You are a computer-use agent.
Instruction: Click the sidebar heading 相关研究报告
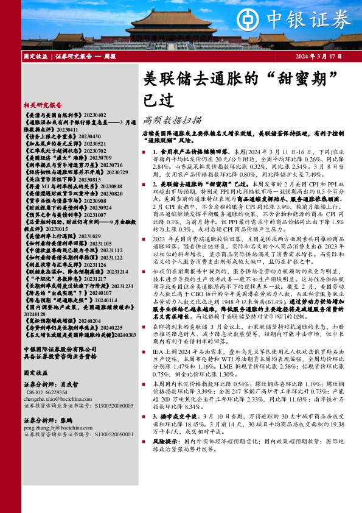(x=46, y=104)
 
